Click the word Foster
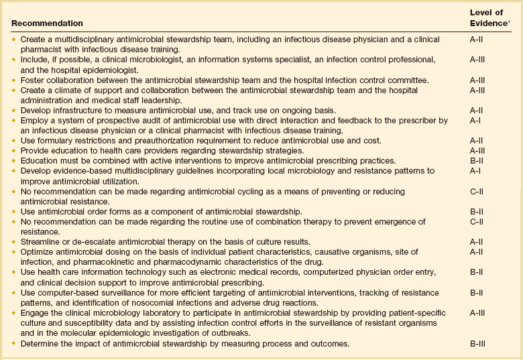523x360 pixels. (x=32, y=80)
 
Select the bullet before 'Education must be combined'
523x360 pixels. (x=15, y=161)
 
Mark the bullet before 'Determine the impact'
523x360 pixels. (x=15, y=344)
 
